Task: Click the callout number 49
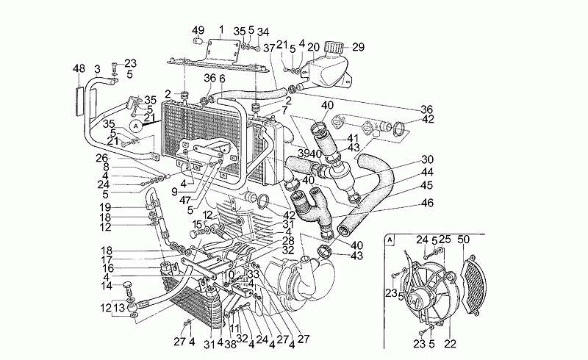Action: click(x=198, y=29)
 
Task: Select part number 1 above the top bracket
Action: click(x=221, y=29)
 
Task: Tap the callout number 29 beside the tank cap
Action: click(x=358, y=47)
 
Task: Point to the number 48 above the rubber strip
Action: click(x=79, y=68)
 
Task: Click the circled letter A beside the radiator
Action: click(x=137, y=126)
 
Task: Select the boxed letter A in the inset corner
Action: click(x=389, y=240)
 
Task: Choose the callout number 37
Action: click(x=270, y=48)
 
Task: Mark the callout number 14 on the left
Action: click(x=106, y=286)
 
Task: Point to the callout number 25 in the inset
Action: click(x=446, y=240)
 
